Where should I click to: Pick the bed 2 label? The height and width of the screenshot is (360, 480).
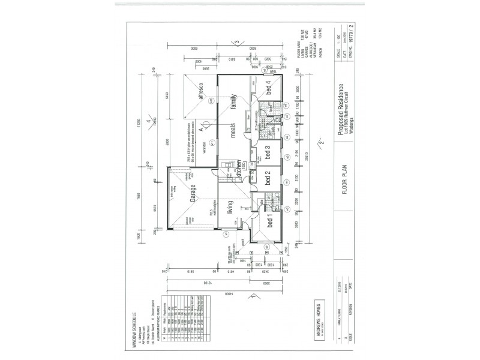click(x=270, y=180)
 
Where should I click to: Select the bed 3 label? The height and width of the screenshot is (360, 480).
click(x=270, y=152)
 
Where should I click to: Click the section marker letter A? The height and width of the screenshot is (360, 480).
click(x=203, y=127)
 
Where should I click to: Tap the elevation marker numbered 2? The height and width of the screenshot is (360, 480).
click(x=323, y=143)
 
